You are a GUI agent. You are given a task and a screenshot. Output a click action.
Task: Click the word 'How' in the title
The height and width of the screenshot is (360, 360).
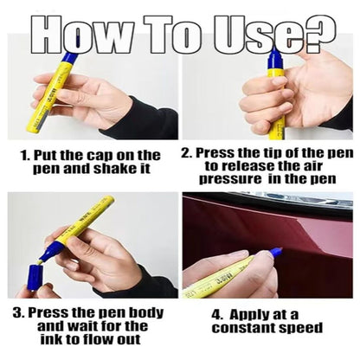coord(80,35)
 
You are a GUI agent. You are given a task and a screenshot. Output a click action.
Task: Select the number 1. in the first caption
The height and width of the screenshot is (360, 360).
coord(25,156)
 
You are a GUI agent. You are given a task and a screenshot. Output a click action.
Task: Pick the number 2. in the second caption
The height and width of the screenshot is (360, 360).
coord(187,153)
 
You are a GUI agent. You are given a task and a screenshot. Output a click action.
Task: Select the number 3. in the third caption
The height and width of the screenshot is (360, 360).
coord(19,313)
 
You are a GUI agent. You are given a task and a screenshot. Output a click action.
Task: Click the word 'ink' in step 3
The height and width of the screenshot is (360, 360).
coord(50,339)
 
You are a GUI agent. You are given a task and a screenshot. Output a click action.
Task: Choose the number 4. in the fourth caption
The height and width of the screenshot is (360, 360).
coord(217,315)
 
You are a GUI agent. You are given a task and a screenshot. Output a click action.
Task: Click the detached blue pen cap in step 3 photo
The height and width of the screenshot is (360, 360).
coord(35,277)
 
